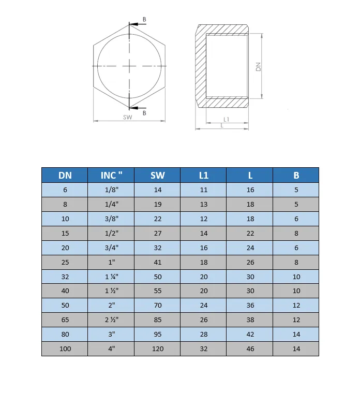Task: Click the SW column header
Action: pyautogui.click(x=158, y=175)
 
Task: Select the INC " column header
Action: pyautogui.click(x=111, y=175)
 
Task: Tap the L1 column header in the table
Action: pyautogui.click(x=204, y=175)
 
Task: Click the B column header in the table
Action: pyautogui.click(x=296, y=175)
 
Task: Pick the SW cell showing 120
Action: pyautogui.click(x=158, y=349)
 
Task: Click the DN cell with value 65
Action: pyautogui.click(x=65, y=320)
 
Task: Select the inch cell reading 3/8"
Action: pyautogui.click(x=112, y=219)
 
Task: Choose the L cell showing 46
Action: pyautogui.click(x=250, y=349)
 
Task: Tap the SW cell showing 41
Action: pyautogui.click(x=158, y=263)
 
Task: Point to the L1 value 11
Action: pyautogui.click(x=204, y=190)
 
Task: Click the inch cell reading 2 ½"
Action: pyautogui.click(x=112, y=320)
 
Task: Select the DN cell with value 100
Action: pyautogui.click(x=65, y=349)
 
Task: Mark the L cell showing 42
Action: pyautogui.click(x=250, y=335)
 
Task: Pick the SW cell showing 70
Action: pyautogui.click(x=158, y=306)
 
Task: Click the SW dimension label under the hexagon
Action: pyautogui.click(x=128, y=117)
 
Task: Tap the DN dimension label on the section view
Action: pyautogui.click(x=258, y=66)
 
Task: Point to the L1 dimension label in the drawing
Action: pyautogui.click(x=226, y=120)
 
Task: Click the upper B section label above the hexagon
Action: pyautogui.click(x=144, y=19)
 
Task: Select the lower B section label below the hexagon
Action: pyautogui.click(x=144, y=113)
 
